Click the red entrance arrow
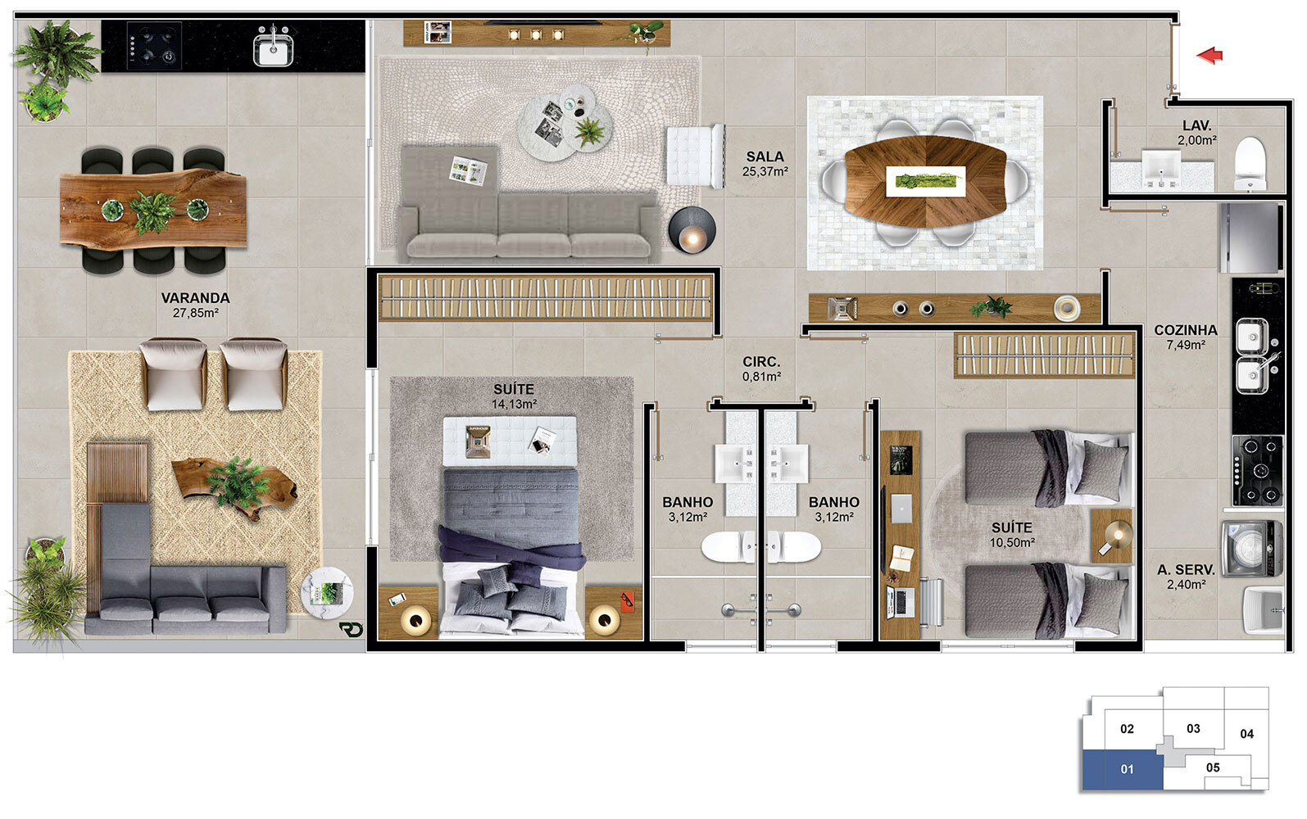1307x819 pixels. click(x=1209, y=56)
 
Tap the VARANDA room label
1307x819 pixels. click(x=196, y=298)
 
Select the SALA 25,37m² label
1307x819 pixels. click(x=765, y=164)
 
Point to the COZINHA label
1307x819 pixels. click(x=1186, y=330)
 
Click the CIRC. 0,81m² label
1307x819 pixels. click(x=761, y=369)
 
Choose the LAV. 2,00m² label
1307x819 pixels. click(x=1196, y=133)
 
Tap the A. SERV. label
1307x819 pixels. click(x=1187, y=570)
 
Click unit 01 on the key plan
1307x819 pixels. click(x=1123, y=770)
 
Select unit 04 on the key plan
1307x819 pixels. click(x=1247, y=734)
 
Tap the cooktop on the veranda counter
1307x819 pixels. click(x=154, y=46)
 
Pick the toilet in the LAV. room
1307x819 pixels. click(x=1250, y=163)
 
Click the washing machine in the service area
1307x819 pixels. click(x=1252, y=549)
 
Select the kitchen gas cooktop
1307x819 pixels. click(x=1258, y=470)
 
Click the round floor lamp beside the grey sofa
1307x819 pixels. click(x=692, y=230)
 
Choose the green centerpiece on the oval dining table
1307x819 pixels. click(x=925, y=182)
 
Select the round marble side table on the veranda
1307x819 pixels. click(x=327, y=593)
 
